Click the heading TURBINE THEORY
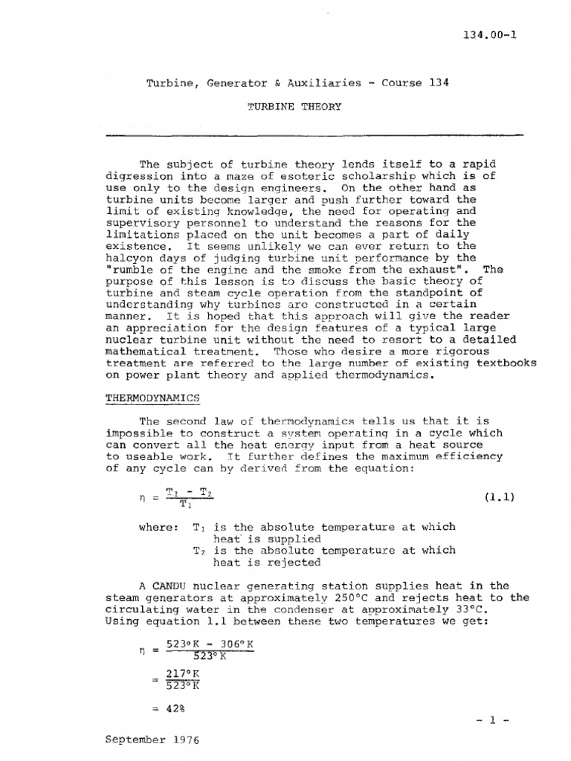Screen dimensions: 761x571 [294, 106]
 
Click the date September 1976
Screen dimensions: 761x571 [152, 740]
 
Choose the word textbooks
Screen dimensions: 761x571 [506, 363]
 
